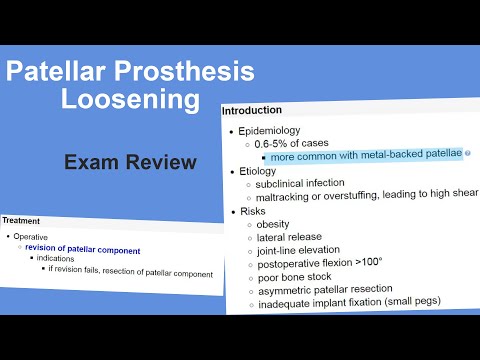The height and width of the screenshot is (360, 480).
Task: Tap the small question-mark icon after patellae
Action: [x=467, y=155]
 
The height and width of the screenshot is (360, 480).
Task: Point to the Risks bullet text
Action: [x=254, y=211]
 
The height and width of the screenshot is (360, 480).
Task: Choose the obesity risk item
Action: [x=273, y=224]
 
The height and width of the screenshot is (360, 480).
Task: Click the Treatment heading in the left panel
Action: [x=21, y=220]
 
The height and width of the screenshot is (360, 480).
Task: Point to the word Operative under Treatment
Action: [x=31, y=238]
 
